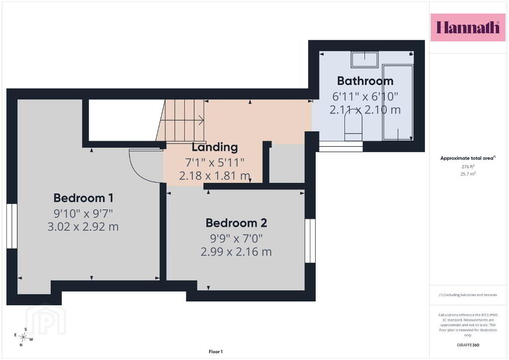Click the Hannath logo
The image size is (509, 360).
[468, 27]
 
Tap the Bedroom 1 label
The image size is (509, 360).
[84, 198]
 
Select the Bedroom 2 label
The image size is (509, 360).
[236, 223]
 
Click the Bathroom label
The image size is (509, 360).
[365, 81]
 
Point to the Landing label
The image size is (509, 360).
[215, 147]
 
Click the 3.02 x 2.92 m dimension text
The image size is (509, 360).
[83, 227]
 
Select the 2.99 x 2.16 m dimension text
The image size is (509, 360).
[236, 252]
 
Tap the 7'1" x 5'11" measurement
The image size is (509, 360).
[215, 162]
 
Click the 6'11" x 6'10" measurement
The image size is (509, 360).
[365, 96]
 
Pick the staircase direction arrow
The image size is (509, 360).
[182, 120]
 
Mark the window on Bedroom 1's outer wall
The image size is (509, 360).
[12, 226]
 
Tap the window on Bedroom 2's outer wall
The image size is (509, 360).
[310, 241]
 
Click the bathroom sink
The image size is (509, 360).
[364, 59]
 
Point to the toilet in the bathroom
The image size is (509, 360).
[353, 125]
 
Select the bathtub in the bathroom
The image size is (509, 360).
[398, 102]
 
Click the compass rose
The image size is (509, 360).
[23, 337]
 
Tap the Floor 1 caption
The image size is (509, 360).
[216, 352]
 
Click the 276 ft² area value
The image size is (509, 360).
[468, 167]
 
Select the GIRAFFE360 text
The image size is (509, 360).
[468, 345]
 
